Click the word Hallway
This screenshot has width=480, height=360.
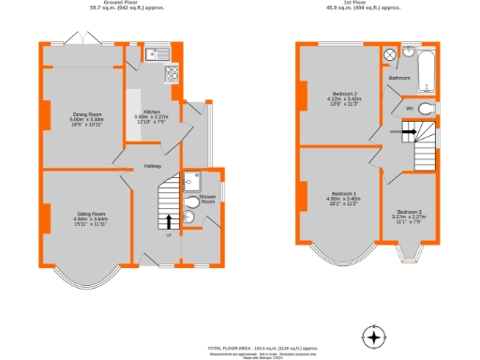pyautogui.click(x=153, y=167)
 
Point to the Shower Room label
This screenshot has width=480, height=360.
pyautogui.click(x=207, y=199)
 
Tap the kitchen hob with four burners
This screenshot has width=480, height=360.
pyautogui.click(x=172, y=72)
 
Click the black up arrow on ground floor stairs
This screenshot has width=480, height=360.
pyautogui.click(x=169, y=221)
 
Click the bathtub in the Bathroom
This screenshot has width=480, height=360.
pyautogui.click(x=427, y=73)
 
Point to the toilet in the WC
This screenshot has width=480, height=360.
pyautogui.click(x=427, y=110)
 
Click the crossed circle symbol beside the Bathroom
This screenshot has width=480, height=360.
pyautogui.click(x=390, y=55)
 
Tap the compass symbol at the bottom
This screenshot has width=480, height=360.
pyautogui.click(x=375, y=337)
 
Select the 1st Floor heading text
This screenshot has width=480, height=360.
pyautogui.click(x=350, y=3)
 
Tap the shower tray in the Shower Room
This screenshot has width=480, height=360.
pyautogui.click(x=192, y=181)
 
